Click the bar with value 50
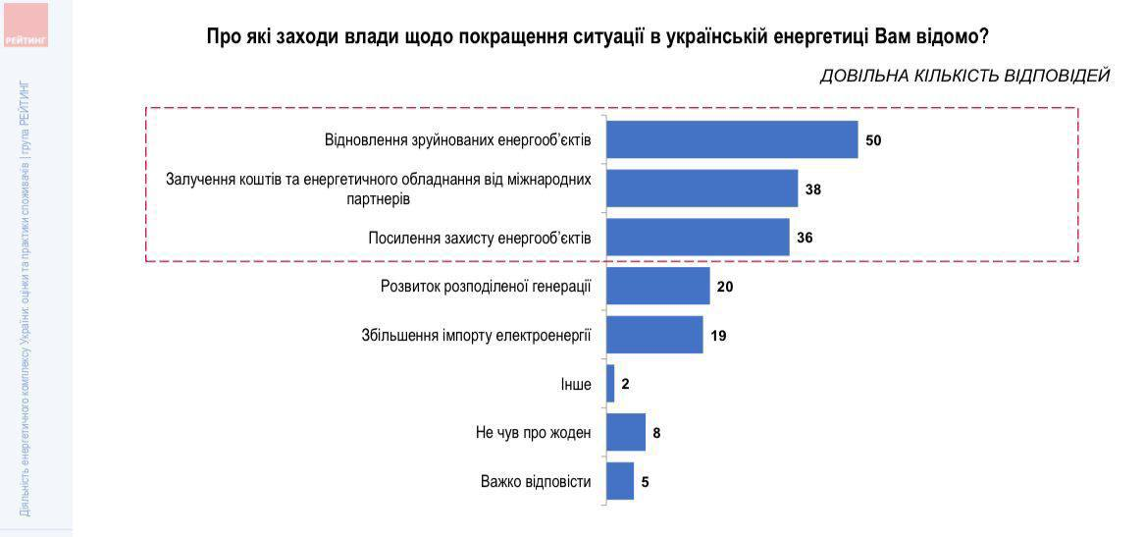click(732, 139)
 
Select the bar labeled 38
click(702, 188)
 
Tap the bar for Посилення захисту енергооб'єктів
click(698, 237)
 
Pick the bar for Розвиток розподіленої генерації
click(658, 286)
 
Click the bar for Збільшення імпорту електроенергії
click(654, 335)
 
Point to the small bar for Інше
click(610, 383)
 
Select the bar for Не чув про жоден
click(626, 432)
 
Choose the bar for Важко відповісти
click(620, 481)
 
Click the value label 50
click(873, 140)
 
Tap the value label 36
click(805, 238)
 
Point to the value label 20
click(725, 287)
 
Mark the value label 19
click(718, 336)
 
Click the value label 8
click(656, 433)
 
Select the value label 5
click(645, 482)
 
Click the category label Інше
click(575, 384)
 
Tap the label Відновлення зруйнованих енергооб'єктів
click(458, 140)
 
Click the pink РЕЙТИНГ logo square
click(26, 25)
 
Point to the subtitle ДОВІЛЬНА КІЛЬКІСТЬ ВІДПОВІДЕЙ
click(964, 76)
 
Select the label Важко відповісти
click(536, 482)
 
